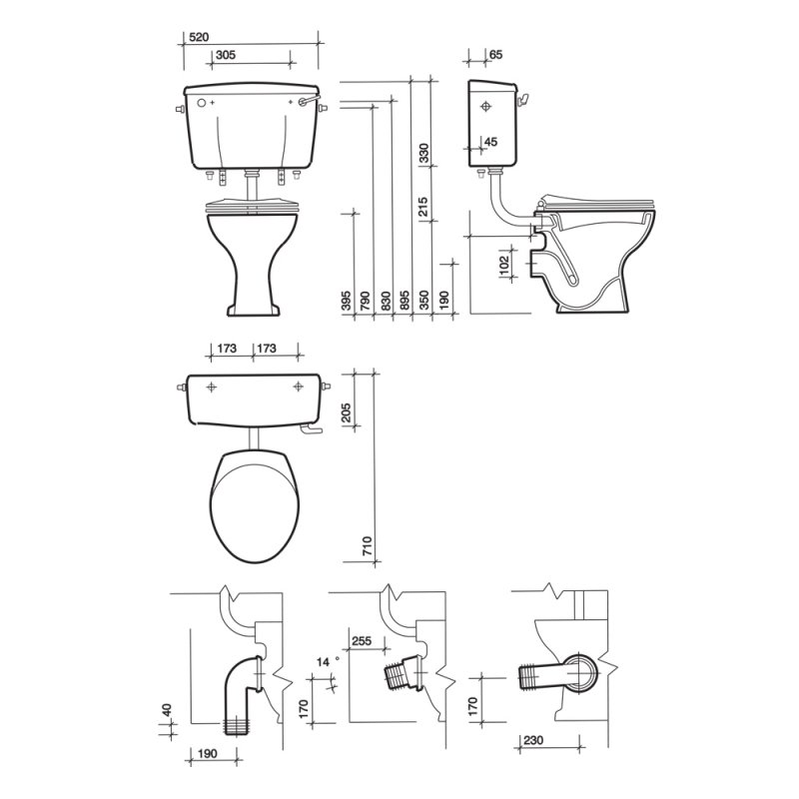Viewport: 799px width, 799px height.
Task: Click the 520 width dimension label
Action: (x=199, y=37)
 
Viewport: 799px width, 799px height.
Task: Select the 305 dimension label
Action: (x=226, y=55)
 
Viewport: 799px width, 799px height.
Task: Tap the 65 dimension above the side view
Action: (x=495, y=54)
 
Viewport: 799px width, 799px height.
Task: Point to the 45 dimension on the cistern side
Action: (x=490, y=142)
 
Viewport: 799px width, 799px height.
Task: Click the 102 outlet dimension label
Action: (x=504, y=266)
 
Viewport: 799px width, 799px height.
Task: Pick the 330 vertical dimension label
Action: (x=424, y=154)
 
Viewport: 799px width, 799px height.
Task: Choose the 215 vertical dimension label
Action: (x=424, y=207)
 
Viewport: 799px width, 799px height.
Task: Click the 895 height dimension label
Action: (x=405, y=301)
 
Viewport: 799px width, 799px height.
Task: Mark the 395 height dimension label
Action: (x=346, y=301)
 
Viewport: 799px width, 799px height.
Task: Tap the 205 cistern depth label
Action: (x=346, y=413)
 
